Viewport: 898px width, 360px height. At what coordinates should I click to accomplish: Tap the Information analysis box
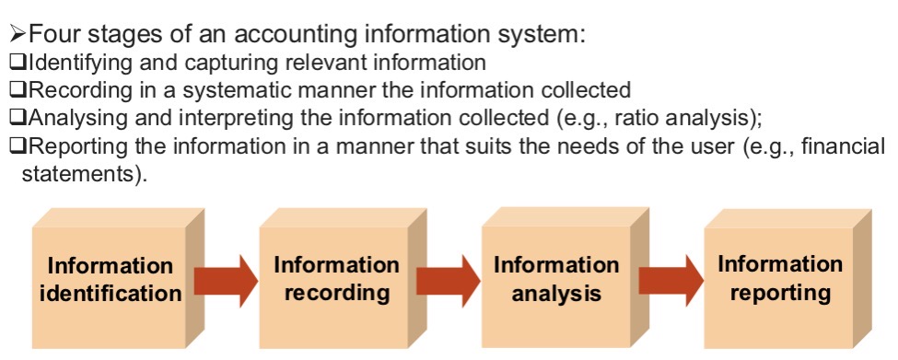tap(555, 280)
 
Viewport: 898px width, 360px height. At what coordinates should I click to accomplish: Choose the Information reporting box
tap(779, 280)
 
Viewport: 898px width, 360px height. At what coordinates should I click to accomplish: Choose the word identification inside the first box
tap(110, 294)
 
